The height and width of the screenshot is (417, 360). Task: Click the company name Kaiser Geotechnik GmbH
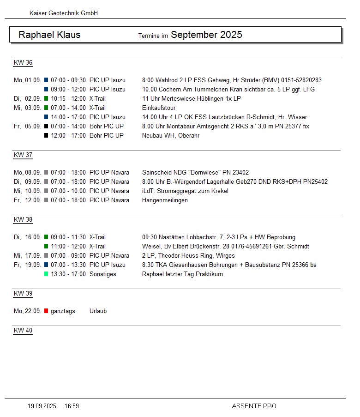coord(64,13)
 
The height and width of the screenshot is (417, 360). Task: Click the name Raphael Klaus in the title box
coord(49,35)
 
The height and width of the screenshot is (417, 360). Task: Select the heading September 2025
coord(206,35)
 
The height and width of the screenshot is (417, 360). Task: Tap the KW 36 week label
coord(23,63)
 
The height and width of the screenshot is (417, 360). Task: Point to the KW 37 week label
coord(23,155)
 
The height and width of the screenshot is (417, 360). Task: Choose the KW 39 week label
coord(23,294)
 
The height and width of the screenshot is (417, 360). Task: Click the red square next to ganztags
coord(46,311)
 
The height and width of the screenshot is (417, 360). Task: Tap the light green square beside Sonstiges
coord(46,274)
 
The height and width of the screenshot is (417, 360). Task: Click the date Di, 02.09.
coord(27,98)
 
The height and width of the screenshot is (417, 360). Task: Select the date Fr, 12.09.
coord(27,200)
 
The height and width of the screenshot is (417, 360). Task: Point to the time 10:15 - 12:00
coord(68,98)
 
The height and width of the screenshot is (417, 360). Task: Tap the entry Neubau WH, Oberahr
coord(171,135)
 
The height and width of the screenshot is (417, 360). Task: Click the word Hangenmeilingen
coord(165,200)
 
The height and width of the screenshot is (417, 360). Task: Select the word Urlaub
coord(98,311)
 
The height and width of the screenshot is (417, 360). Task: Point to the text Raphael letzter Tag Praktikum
coord(182,274)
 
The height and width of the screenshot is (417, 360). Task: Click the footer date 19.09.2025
coord(42,406)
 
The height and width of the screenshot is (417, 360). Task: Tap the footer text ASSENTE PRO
coord(254,406)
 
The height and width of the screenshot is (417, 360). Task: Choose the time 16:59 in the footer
coord(72,406)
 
